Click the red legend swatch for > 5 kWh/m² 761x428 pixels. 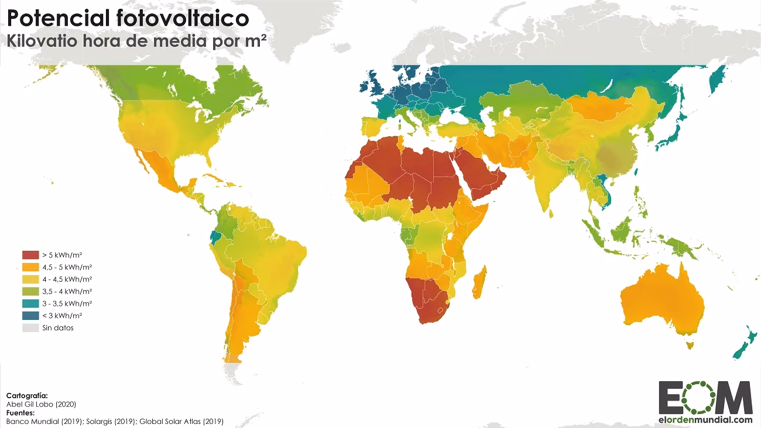click(30, 254)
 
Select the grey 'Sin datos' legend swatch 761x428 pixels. click(30, 328)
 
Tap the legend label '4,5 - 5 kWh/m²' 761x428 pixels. click(62, 267)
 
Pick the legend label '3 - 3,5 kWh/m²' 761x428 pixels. click(61, 303)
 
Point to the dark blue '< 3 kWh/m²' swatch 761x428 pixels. click(30, 316)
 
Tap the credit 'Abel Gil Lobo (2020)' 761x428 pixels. click(41, 404)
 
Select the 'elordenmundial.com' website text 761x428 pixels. click(705, 419)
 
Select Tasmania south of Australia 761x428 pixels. click(689, 346)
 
